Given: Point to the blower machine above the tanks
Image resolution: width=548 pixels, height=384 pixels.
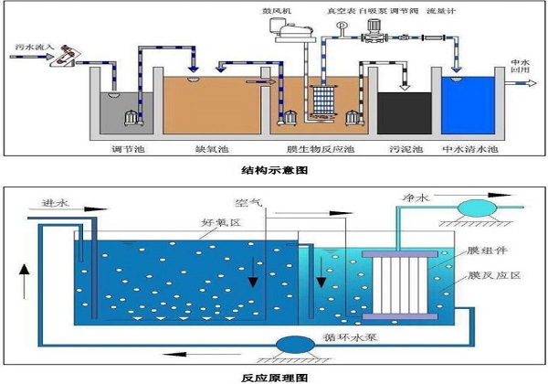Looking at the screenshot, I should click(290, 36).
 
